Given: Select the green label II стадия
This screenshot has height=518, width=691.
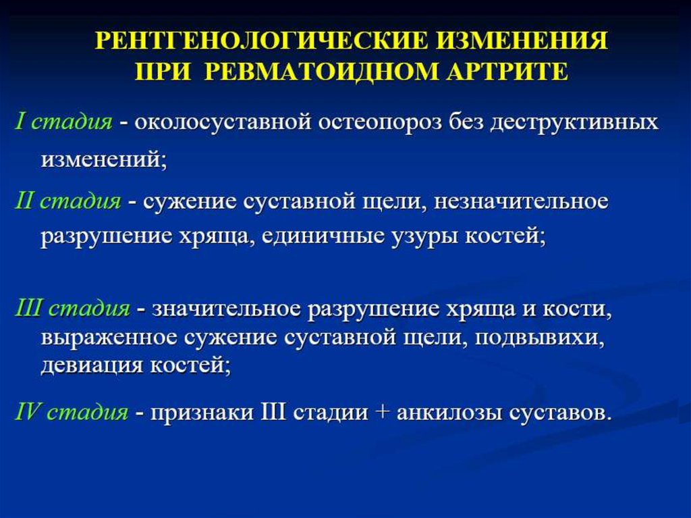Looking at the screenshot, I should [x=68, y=201].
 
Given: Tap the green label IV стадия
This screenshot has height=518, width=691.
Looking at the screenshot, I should [x=71, y=412].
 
